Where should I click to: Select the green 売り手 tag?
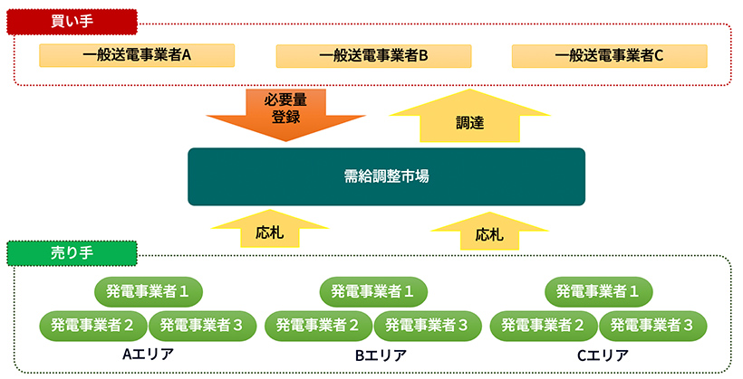click(x=72, y=253)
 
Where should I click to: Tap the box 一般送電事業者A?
click(x=137, y=55)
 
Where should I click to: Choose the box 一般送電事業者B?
click(x=372, y=55)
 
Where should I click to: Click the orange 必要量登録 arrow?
click(x=285, y=112)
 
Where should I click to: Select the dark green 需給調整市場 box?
click(x=386, y=176)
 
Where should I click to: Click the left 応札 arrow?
click(x=270, y=230)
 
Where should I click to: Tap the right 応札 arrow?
click(x=489, y=232)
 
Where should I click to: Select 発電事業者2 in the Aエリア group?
click(x=92, y=323)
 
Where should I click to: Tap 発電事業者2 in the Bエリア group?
click(x=317, y=323)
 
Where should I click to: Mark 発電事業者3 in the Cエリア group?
click(x=651, y=323)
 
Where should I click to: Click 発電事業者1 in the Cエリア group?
click(x=598, y=291)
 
